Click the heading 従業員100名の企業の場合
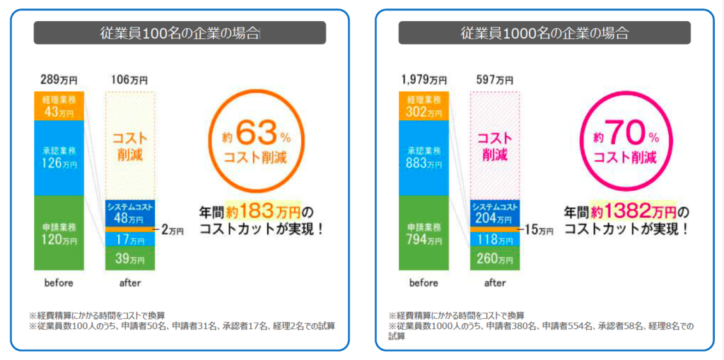[x=180, y=33]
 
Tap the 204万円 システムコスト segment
[x=495, y=213]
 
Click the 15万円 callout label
[x=539, y=229]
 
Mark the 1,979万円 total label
[x=423, y=80]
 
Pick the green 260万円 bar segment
[x=495, y=259]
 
